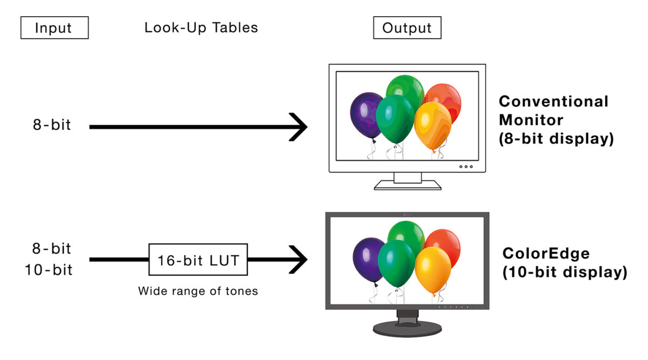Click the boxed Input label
54,28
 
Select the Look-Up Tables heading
201,28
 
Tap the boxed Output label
407,28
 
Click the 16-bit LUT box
198,260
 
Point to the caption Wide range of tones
198,291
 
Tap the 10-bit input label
49,270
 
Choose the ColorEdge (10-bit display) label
564,263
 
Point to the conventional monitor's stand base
407,185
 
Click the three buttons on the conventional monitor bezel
466,166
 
